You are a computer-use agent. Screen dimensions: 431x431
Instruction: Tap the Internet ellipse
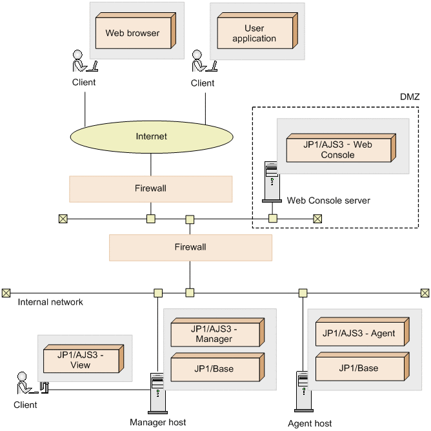(x=151, y=137)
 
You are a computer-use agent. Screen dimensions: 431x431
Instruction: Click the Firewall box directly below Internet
(x=150, y=188)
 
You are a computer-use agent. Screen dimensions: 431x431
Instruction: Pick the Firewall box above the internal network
(x=190, y=247)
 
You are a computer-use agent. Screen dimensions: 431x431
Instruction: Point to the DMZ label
(x=410, y=97)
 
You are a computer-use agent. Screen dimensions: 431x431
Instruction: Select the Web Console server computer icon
(x=272, y=183)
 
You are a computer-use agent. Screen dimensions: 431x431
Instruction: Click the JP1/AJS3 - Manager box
(x=214, y=334)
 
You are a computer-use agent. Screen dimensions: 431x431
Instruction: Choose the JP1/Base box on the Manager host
(x=214, y=368)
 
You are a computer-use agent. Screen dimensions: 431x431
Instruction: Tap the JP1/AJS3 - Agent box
(x=358, y=334)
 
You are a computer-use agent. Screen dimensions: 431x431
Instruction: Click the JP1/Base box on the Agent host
(x=358, y=368)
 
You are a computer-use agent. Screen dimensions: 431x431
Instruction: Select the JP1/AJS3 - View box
(x=82, y=360)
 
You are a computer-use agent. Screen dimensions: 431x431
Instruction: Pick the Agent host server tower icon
(x=303, y=391)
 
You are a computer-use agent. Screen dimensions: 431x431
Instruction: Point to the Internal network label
(x=50, y=302)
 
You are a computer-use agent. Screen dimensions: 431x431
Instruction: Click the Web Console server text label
(x=329, y=201)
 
